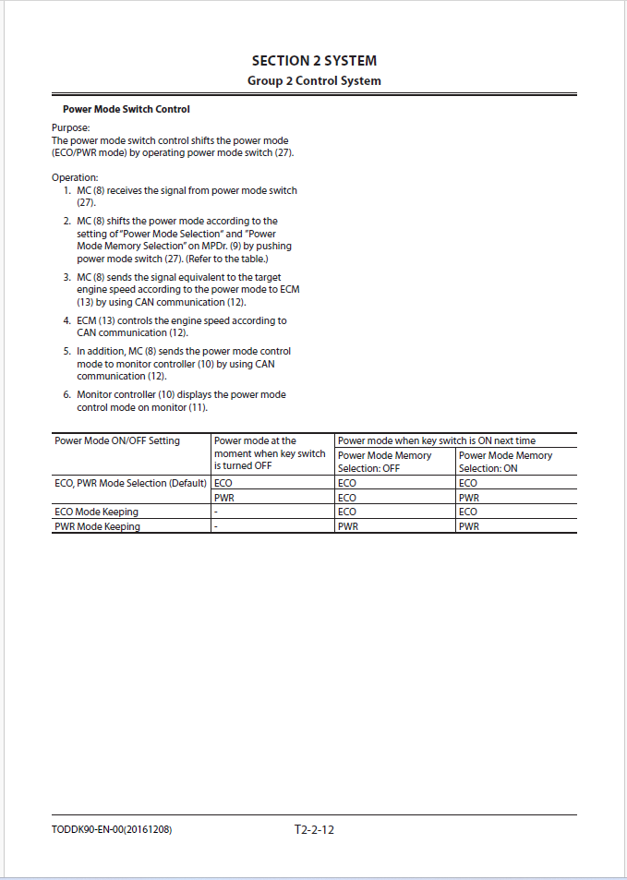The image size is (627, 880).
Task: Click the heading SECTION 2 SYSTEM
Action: tap(314, 61)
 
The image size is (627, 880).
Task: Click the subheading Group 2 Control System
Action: tap(314, 81)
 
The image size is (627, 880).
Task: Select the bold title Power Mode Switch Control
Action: tap(127, 110)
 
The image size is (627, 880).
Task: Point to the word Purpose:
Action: tap(70, 128)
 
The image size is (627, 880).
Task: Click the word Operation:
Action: tap(75, 177)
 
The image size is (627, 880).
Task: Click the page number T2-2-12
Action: tap(314, 829)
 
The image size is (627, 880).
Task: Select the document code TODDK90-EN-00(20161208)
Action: tap(112, 829)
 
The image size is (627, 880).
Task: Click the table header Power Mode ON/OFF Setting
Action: tap(117, 441)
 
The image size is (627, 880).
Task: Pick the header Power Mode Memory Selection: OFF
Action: tap(384, 462)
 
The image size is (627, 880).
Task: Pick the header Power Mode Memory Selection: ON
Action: tap(505, 462)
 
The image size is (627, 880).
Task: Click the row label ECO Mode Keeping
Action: tap(97, 512)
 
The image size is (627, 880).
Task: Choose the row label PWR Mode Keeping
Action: tap(98, 526)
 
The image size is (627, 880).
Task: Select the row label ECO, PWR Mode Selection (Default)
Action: tap(130, 483)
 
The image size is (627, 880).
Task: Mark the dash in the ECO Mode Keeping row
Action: tap(216, 512)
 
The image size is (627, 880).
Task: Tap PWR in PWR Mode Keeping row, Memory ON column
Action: tap(469, 526)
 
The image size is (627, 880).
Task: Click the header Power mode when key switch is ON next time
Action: tap(436, 441)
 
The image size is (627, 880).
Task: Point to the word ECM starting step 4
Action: tap(87, 320)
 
